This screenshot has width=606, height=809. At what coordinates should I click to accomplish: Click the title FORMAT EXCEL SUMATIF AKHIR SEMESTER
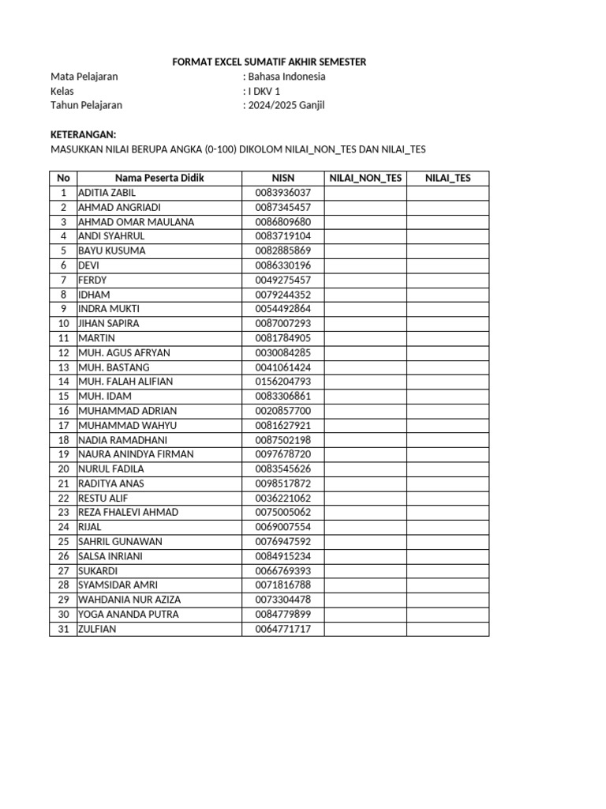point(269,62)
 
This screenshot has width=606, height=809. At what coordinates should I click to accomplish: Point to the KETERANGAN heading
point(83,134)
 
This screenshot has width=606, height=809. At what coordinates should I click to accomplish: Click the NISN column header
point(282,178)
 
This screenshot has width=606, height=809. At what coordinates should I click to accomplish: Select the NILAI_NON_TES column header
point(365,178)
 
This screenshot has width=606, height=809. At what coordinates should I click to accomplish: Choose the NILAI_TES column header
point(447,178)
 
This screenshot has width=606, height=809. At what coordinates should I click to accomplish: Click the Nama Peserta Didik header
point(159,178)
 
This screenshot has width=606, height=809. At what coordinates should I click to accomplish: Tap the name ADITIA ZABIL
point(107,193)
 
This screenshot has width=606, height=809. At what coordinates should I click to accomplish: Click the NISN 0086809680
point(282,222)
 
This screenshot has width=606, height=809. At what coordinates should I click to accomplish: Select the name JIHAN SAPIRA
point(110,323)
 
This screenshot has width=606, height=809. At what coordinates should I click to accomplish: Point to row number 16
point(63,411)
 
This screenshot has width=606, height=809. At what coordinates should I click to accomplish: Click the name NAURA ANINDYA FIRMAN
point(136,454)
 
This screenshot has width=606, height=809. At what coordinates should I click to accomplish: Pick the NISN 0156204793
point(282,382)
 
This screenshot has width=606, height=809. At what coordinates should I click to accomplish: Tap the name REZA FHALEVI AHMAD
point(129,512)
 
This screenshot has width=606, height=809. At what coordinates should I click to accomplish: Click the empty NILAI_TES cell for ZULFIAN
point(447,629)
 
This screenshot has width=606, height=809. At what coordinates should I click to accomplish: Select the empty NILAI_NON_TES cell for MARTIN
point(365,338)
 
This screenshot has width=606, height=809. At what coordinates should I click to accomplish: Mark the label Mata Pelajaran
point(84,77)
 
